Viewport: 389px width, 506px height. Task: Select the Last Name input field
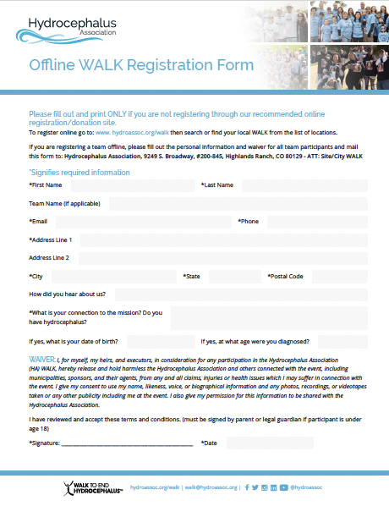tap(304, 185)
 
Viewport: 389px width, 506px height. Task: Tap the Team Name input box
tap(238, 204)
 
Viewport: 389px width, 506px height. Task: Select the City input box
tap(113, 277)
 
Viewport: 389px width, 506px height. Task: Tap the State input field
tap(232, 277)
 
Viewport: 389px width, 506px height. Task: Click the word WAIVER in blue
tap(43, 360)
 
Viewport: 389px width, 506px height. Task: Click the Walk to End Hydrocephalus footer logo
tap(93, 487)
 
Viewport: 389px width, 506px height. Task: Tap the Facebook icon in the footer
tap(246, 487)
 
